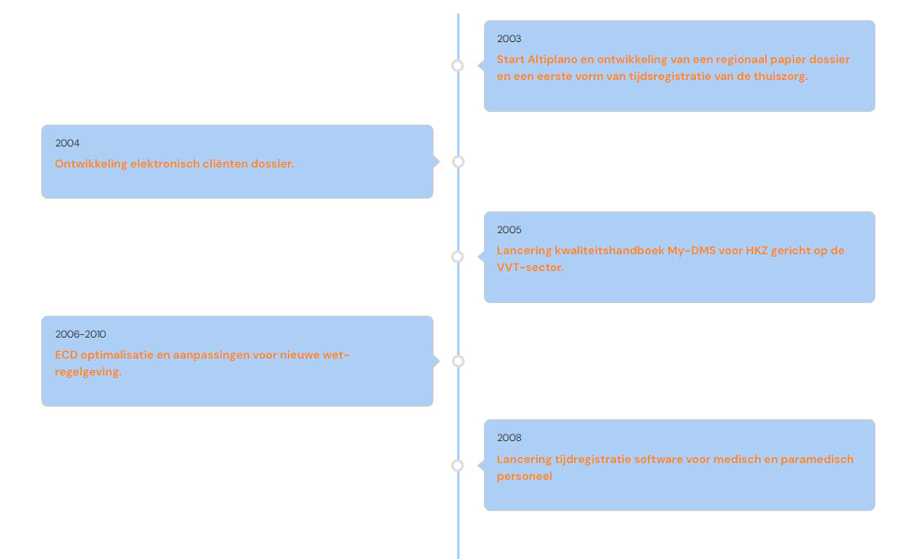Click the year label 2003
click(x=508, y=39)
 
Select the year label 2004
click(x=67, y=143)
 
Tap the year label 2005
click(x=508, y=230)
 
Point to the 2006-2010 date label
click(x=81, y=334)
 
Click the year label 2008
click(x=508, y=438)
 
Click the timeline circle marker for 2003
click(x=458, y=66)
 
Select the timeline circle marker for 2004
click(x=458, y=162)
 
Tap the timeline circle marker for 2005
click(x=458, y=257)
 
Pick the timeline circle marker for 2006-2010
click(x=458, y=361)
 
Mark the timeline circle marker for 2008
click(x=458, y=466)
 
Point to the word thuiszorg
click(x=779, y=76)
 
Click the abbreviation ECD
click(x=67, y=355)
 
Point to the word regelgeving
click(x=88, y=372)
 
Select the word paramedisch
click(x=818, y=460)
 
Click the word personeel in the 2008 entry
click(x=524, y=476)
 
